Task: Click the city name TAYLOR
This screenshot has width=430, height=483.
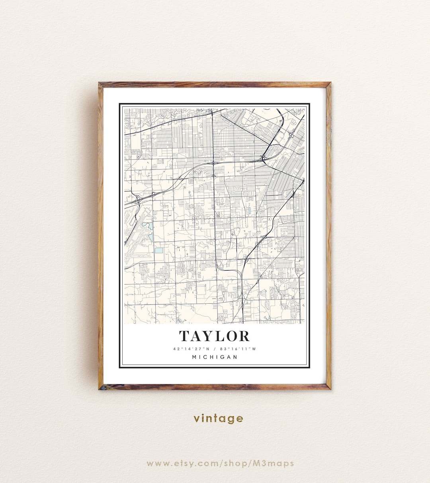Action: click(214, 336)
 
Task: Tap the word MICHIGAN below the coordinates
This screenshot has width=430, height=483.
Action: click(215, 357)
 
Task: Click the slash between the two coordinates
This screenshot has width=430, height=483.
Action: click(215, 349)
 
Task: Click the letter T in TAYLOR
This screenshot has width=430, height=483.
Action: click(184, 336)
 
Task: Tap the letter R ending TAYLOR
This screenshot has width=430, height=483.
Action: click(244, 336)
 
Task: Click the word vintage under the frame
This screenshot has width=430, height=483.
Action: click(218, 418)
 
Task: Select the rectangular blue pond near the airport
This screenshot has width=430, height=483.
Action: click(159, 250)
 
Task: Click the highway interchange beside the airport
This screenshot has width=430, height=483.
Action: click(137, 198)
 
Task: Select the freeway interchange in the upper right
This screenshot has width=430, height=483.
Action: click(264, 159)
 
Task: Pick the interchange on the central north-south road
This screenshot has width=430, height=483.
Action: click(213, 163)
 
